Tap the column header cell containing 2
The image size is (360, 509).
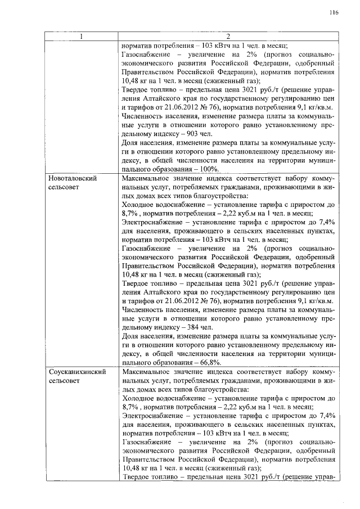click(x=228, y=38)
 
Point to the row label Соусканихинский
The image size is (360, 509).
click(x=76, y=373)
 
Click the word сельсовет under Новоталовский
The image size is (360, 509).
click(x=65, y=187)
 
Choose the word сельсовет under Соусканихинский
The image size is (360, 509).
click(x=65, y=381)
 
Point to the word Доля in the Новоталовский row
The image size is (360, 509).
click(x=130, y=336)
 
